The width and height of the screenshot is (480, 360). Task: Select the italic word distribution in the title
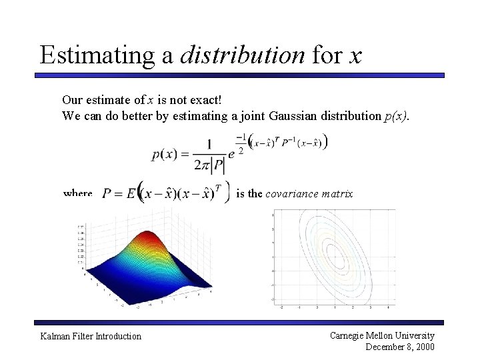(243, 55)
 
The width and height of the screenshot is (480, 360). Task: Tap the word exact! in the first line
(200, 99)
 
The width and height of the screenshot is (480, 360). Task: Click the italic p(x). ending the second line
(398, 115)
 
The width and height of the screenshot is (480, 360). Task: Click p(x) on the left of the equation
(165, 154)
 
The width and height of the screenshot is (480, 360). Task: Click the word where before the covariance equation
(77, 193)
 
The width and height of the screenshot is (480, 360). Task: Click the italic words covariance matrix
(309, 193)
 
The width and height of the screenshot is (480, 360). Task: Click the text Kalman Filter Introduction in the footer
(91, 336)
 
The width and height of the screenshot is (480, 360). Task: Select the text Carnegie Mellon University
(381, 335)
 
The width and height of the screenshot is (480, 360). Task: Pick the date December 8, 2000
(399, 347)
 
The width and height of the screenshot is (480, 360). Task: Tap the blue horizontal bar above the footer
(240, 322)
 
